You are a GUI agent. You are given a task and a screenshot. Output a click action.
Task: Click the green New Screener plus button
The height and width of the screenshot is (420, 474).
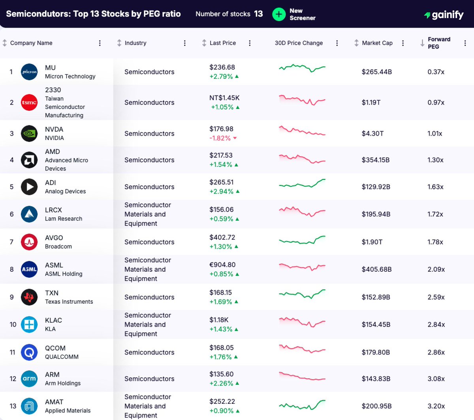point(279,14)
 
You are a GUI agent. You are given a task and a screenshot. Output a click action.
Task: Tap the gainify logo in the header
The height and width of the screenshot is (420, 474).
point(444,15)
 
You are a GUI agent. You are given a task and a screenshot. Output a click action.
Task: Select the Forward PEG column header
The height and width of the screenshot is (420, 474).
point(439,43)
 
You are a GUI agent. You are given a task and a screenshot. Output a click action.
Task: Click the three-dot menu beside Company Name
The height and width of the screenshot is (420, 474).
point(100,43)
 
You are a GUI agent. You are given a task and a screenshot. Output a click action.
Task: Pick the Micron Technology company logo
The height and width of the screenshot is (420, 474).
point(29,72)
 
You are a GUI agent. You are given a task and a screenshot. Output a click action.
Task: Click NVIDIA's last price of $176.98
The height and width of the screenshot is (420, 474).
point(221,129)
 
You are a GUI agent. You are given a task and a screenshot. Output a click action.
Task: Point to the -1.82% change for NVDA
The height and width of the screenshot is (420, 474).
point(220,138)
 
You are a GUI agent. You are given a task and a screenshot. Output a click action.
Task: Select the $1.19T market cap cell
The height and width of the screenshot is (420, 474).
point(371,103)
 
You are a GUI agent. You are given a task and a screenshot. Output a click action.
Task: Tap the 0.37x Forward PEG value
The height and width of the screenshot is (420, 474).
point(436,72)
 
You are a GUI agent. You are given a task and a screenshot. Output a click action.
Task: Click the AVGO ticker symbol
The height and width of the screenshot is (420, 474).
point(54,238)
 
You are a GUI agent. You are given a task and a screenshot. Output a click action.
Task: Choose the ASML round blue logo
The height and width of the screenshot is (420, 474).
point(29,269)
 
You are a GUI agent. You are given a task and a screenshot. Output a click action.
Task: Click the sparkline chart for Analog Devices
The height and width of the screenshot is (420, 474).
point(302,184)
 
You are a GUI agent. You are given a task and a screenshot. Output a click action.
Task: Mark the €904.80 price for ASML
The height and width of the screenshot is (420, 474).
point(222,265)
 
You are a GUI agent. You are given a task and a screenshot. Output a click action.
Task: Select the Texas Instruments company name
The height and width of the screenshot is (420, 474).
point(69,302)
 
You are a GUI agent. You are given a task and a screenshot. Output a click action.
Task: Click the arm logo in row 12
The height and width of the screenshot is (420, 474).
point(29,379)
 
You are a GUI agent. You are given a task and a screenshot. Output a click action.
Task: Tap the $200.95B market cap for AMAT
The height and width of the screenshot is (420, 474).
point(376,406)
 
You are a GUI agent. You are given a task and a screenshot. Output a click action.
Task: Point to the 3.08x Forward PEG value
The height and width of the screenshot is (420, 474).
point(436,379)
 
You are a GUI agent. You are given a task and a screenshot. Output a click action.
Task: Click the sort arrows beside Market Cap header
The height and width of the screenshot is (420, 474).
point(356,43)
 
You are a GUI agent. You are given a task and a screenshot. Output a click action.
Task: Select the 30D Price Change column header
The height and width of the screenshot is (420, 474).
point(299,43)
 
